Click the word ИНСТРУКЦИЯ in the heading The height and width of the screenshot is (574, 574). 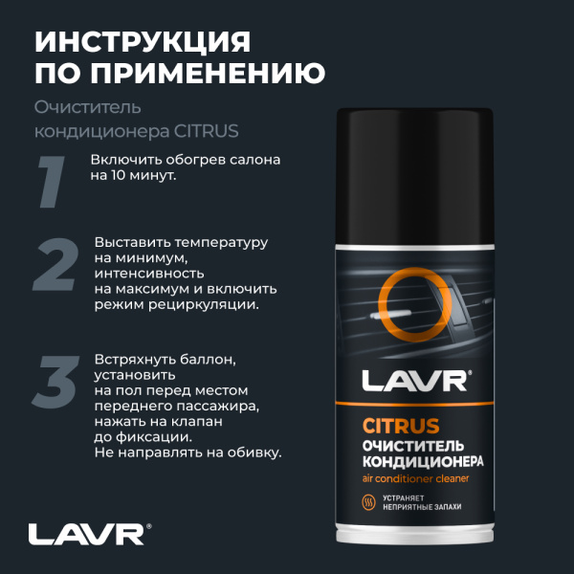click(143, 42)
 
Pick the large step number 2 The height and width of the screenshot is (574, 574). click(55, 265)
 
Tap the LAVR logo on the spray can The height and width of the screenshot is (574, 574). click(415, 381)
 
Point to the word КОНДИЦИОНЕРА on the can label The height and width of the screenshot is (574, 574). click(422, 461)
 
